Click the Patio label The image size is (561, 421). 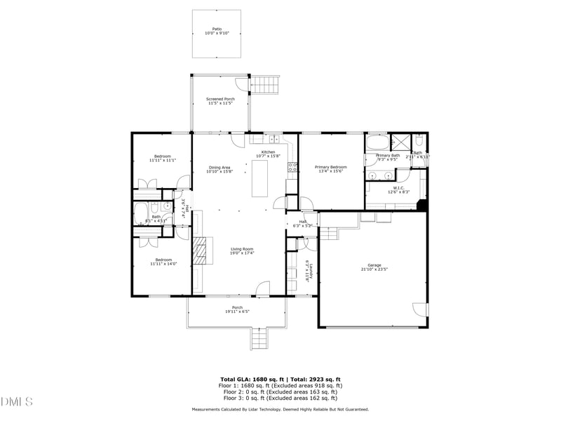217,29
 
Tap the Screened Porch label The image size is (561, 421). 220,99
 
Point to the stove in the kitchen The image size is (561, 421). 292,168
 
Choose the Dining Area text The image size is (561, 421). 220,167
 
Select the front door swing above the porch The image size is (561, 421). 262,288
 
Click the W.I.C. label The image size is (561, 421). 398,187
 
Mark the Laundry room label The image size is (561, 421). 307,269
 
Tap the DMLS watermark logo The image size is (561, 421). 17,402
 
